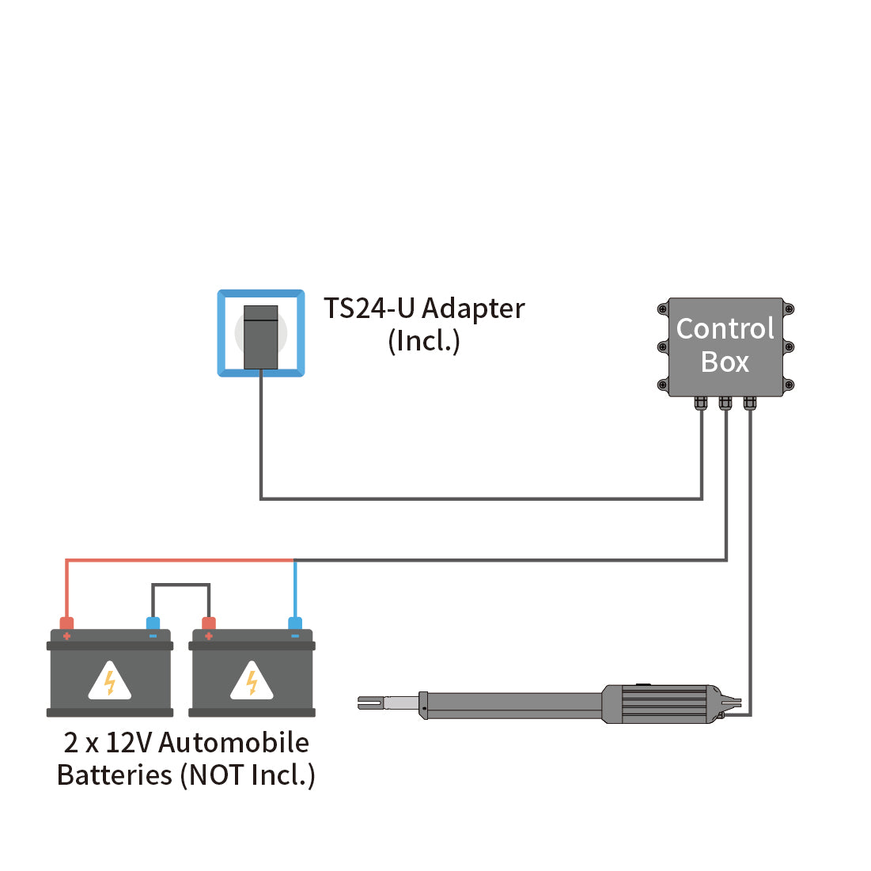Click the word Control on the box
(x=725, y=328)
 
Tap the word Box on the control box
(x=725, y=362)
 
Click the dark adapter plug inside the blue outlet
(x=261, y=337)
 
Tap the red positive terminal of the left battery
(x=66, y=624)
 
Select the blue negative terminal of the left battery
(x=153, y=624)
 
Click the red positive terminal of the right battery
(x=209, y=624)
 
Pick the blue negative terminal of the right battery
(x=295, y=624)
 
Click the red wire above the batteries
(x=174, y=561)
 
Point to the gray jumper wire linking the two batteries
(x=181, y=585)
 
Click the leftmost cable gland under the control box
(x=701, y=403)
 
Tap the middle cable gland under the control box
(x=725, y=403)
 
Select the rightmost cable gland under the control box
(x=750, y=403)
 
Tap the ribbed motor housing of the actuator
(x=665, y=703)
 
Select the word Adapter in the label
(x=473, y=309)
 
